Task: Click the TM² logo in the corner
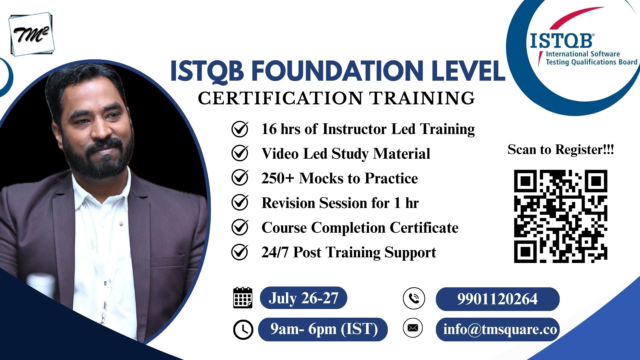point(32,34)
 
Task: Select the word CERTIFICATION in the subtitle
point(280,98)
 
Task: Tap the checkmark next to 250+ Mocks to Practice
point(240,178)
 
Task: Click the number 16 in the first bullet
point(269,129)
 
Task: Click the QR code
point(561,216)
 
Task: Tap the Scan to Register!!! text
point(561,149)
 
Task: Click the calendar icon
point(243,298)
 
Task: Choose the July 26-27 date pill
point(303,298)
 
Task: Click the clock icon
point(243,330)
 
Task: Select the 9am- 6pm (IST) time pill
point(323,329)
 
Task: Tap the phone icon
point(414,298)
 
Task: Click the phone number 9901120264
point(497,299)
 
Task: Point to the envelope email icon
point(413,328)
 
